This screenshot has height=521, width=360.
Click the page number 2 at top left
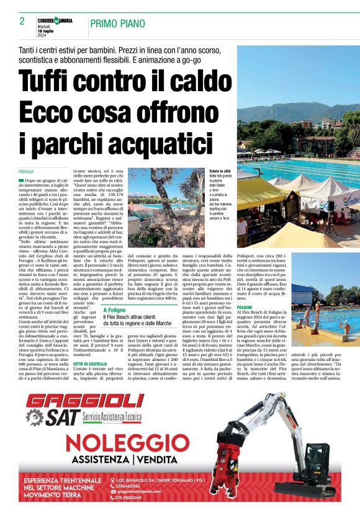point(22,21)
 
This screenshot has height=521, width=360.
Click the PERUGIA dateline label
point(26,170)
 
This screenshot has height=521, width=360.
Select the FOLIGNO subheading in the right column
point(245,307)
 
